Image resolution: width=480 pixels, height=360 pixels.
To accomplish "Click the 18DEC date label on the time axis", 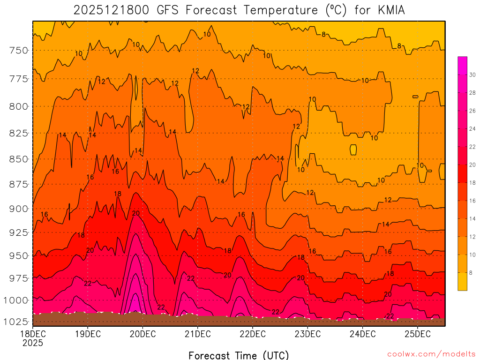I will point(32,334).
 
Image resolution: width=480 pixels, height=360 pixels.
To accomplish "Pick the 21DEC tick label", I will point(197,334).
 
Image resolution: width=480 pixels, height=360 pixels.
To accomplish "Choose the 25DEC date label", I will point(417,334).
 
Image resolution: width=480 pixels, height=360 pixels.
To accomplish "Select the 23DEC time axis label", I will point(307,334).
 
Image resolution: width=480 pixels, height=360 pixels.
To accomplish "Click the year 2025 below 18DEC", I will point(32,343).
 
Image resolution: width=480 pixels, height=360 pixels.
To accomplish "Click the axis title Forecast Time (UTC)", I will point(239,355).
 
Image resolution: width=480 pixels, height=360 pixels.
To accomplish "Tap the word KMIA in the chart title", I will point(389,10).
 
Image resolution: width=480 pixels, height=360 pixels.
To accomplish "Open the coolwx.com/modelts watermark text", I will point(431,353).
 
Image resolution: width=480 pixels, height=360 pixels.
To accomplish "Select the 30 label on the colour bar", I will point(472,75).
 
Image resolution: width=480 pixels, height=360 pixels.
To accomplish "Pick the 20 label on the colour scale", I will point(472,165).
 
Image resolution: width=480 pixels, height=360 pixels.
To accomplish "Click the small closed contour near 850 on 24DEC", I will point(353,150).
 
